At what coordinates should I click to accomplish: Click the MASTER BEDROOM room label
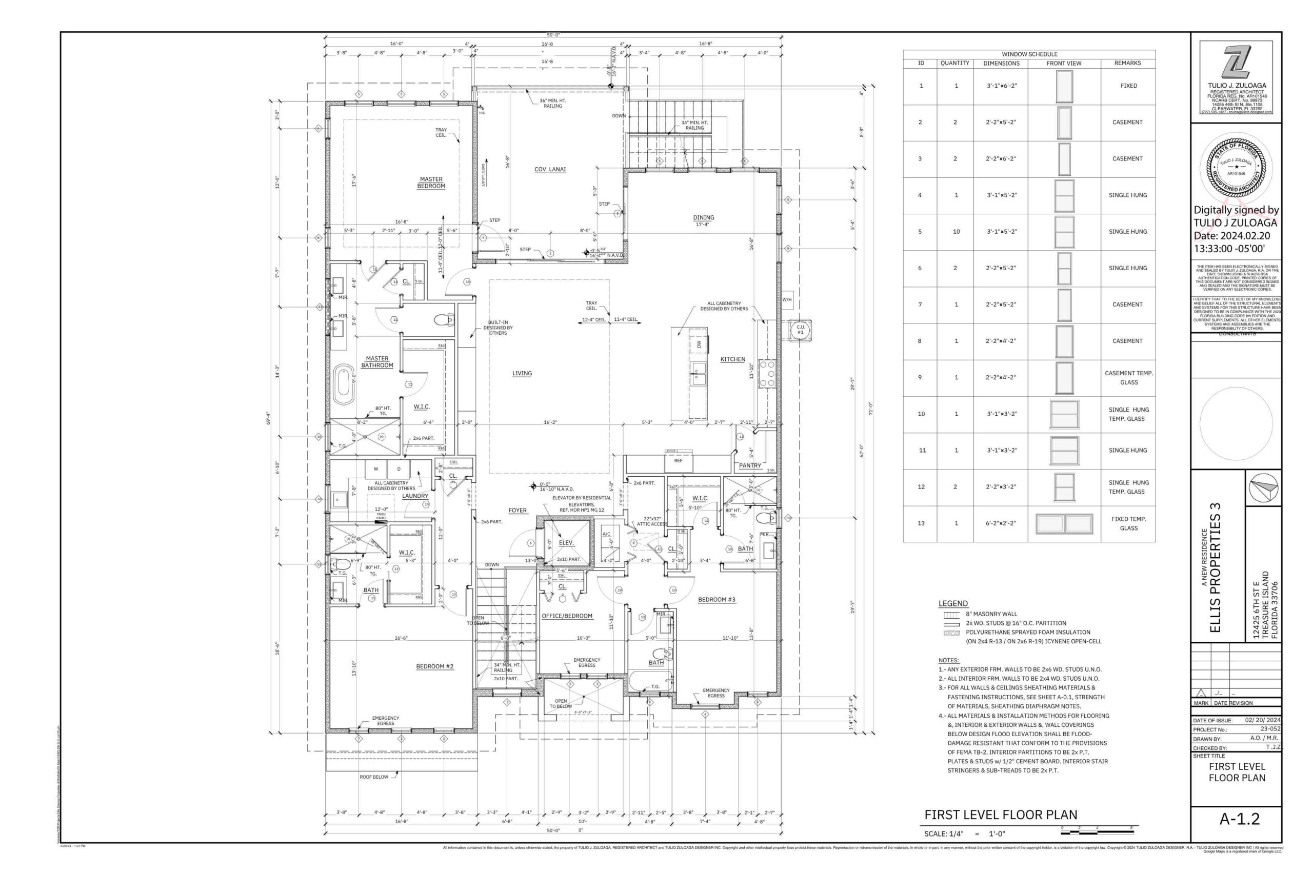431,183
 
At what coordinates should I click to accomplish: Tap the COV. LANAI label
550,170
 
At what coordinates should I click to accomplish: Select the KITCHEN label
732,359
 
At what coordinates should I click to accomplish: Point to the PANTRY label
750,465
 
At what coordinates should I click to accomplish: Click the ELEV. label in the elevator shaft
566,542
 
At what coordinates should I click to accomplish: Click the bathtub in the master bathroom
344,384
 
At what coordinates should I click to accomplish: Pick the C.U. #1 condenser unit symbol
800,330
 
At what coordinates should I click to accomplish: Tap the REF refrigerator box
678,461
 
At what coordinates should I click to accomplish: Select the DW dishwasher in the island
699,345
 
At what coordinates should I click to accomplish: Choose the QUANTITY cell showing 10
956,232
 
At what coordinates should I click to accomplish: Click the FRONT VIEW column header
1063,64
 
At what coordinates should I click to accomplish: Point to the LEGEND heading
953,603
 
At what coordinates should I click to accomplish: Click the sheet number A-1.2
1239,819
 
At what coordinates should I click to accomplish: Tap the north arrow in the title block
1264,487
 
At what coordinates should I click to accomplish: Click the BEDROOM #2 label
434,666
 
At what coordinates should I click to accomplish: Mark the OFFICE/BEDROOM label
567,616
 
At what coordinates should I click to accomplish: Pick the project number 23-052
1270,729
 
